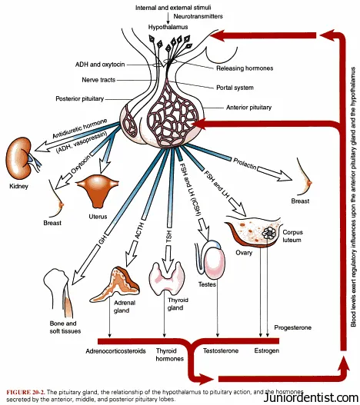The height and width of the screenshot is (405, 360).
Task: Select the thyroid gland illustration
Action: click(167, 278)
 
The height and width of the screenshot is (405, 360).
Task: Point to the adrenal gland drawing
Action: click(115, 284)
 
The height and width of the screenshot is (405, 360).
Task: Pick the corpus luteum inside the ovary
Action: click(269, 233)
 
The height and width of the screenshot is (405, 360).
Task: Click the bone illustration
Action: click(58, 293)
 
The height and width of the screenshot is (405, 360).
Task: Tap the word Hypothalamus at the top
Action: click(168, 27)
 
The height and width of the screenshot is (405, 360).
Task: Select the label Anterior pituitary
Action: click(248, 107)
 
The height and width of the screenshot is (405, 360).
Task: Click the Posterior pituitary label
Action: click(80, 98)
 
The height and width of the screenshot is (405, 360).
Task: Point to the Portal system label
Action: click(235, 88)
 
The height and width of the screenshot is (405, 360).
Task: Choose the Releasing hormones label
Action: click(245, 68)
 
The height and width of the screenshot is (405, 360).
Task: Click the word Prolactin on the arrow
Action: click(245, 164)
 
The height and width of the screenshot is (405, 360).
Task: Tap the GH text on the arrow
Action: click(102, 240)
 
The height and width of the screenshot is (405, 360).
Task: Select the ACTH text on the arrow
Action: click(139, 231)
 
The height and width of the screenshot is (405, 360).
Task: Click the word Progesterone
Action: click(293, 327)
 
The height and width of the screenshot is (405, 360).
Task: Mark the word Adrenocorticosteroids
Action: click(116, 350)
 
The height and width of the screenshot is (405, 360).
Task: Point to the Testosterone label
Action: click(221, 350)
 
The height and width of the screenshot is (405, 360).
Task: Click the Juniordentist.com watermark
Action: click(312, 397)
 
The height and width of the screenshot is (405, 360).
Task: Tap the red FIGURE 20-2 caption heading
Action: click(25, 392)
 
